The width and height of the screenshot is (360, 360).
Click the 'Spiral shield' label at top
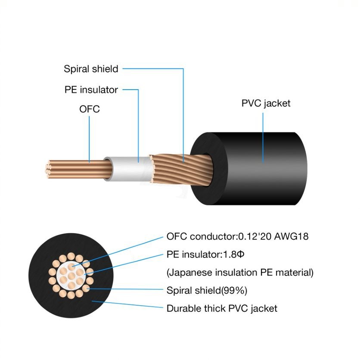(91, 69)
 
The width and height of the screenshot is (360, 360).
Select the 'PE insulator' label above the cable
(91, 90)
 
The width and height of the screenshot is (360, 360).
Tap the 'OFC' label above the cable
(90, 109)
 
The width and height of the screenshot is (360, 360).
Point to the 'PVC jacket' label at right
(266, 103)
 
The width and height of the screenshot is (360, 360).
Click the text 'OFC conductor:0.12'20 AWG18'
(237, 236)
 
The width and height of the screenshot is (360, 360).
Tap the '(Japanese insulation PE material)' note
(240, 273)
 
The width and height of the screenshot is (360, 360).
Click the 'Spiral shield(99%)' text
(207, 291)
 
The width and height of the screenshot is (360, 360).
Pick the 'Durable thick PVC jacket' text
(222, 308)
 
